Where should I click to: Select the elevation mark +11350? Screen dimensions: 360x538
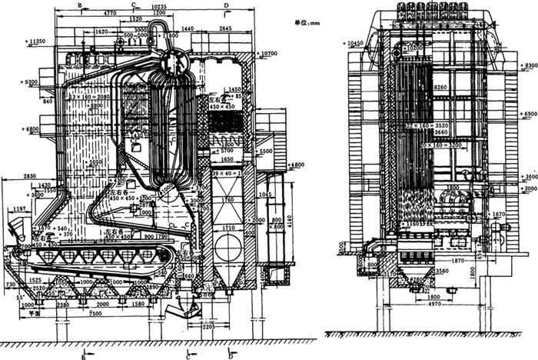35,41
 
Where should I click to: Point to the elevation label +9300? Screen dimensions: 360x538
35,82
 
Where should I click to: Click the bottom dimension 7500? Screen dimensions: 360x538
98,313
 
